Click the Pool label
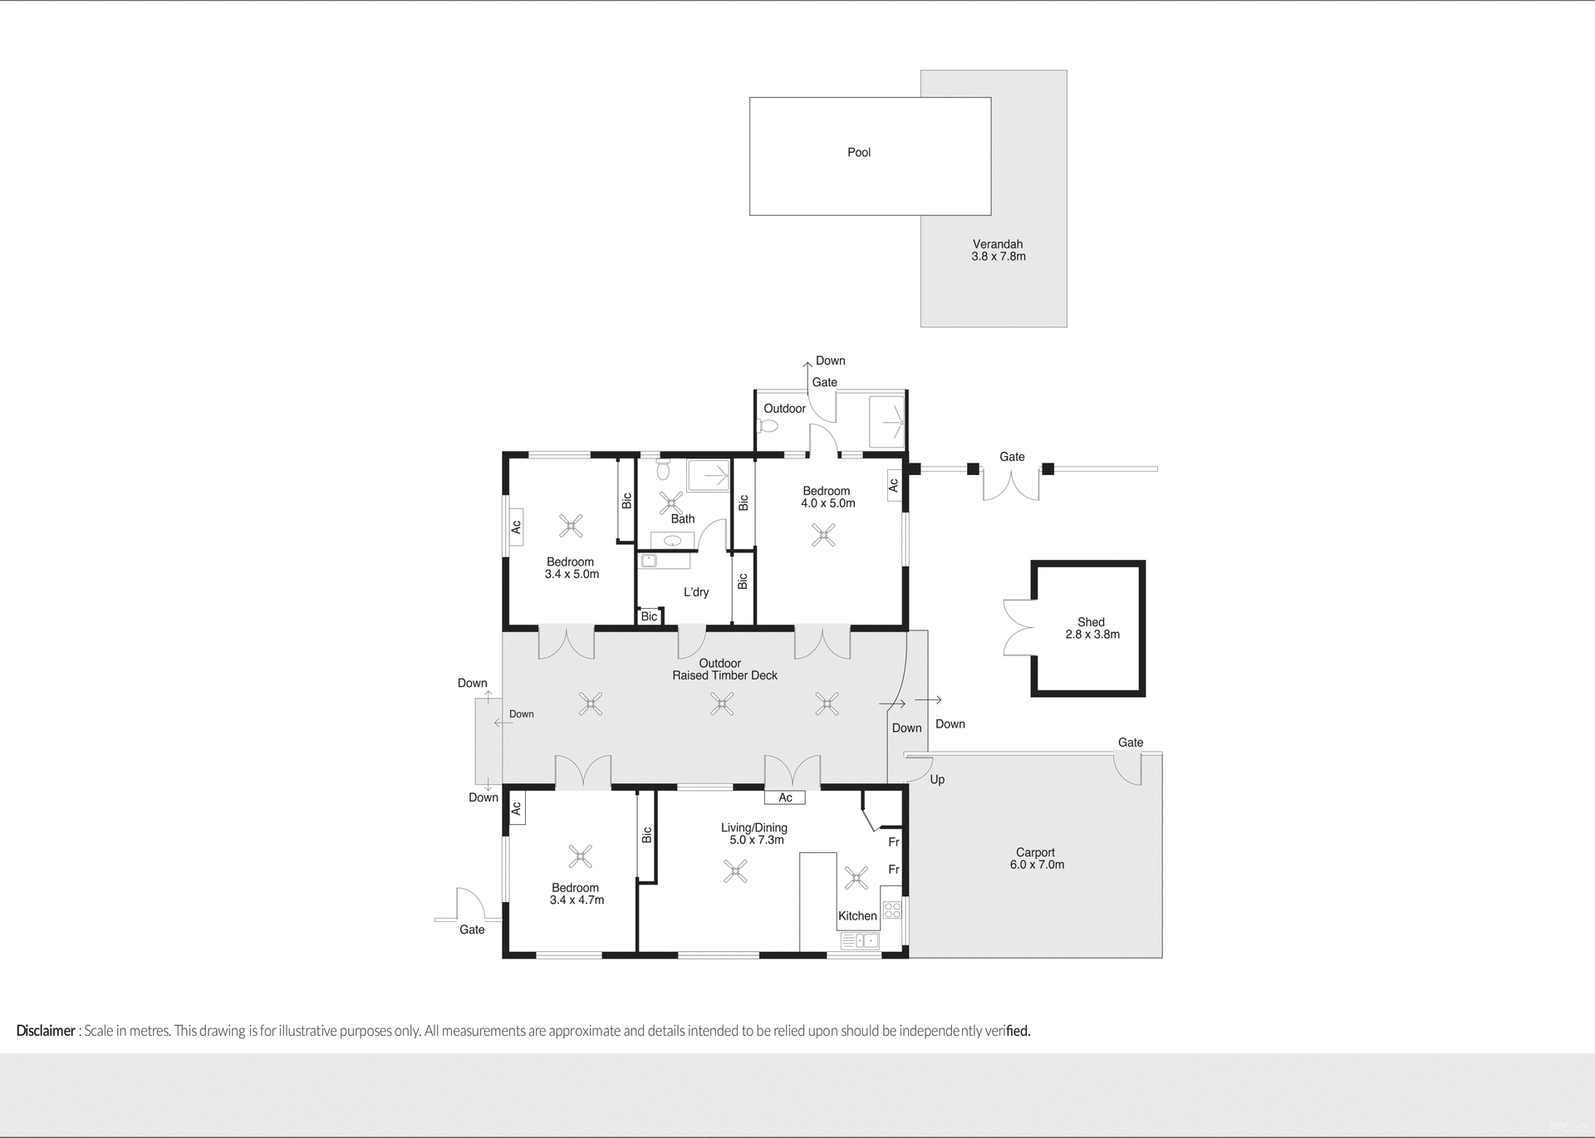click(858, 153)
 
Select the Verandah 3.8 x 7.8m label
click(998, 250)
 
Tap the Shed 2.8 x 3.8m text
click(1092, 628)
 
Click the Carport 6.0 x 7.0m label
click(1036, 858)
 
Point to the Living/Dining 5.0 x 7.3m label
click(754, 833)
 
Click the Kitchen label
click(857, 915)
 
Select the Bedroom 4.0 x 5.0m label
click(827, 497)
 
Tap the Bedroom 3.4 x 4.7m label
click(576, 894)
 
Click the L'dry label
click(696, 592)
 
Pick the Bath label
click(683, 519)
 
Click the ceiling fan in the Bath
click(671, 503)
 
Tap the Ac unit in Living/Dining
click(785, 797)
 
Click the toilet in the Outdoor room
click(768, 426)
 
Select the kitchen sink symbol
click(860, 940)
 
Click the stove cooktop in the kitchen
click(891, 910)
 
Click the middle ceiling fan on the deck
click(722, 705)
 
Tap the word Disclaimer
click(46, 1031)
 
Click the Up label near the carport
click(937, 779)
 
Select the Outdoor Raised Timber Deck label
click(724, 670)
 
